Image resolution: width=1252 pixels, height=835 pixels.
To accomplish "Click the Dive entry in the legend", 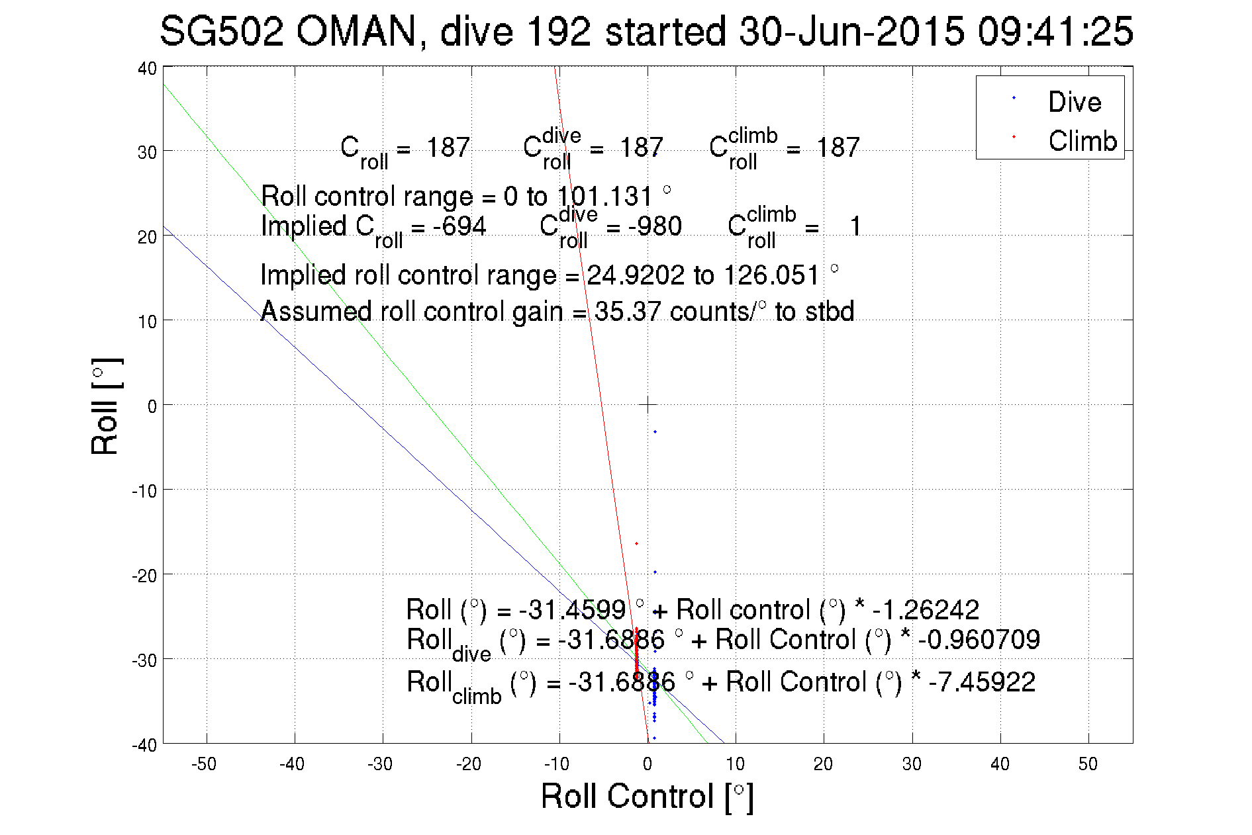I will click(x=1074, y=102).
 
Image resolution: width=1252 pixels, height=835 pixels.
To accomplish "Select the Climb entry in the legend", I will click(x=1082, y=141).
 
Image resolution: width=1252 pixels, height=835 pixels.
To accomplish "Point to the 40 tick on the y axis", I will click(x=148, y=68).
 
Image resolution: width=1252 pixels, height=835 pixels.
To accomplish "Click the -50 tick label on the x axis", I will click(x=204, y=764).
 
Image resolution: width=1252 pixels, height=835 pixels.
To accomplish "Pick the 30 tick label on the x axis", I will click(x=912, y=764).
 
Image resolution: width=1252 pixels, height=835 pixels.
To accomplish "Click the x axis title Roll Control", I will click(x=647, y=796).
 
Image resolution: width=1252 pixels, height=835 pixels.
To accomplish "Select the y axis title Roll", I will click(x=105, y=406).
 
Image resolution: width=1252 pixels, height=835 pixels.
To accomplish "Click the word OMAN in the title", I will click(x=356, y=32).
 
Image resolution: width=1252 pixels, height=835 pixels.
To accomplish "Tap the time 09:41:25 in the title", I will click(x=1055, y=32).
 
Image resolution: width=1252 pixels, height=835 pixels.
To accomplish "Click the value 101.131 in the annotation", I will click(x=604, y=197).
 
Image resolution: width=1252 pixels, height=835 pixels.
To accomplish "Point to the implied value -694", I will click(x=459, y=226).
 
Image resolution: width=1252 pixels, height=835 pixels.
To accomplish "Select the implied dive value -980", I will click(x=655, y=226).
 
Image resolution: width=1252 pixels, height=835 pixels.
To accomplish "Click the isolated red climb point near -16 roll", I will click(x=636, y=544).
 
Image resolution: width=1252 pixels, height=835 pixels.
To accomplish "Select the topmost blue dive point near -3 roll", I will click(x=655, y=432).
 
